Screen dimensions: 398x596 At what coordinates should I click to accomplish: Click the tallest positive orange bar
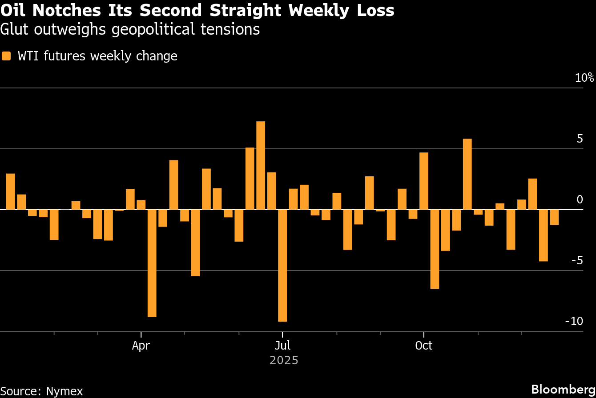[261, 165]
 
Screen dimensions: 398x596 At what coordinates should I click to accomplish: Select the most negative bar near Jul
[282, 265]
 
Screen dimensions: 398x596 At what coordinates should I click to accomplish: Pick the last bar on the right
[554, 217]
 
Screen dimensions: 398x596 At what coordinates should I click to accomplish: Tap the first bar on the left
[11, 191]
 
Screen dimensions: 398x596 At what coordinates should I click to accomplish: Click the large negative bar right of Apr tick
[152, 263]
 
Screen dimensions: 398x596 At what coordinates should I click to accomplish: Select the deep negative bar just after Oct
[435, 249]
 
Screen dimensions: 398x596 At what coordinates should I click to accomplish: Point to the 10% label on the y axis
[584, 78]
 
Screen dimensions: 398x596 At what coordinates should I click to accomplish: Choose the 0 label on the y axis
[580, 200]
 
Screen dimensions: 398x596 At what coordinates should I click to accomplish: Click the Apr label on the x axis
[141, 346]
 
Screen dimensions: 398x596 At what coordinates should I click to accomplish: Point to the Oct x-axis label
[423, 346]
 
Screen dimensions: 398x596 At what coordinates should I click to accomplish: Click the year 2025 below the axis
[284, 360]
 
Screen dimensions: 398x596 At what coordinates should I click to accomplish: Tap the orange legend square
[6, 56]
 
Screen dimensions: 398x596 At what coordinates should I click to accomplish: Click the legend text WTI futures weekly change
[97, 56]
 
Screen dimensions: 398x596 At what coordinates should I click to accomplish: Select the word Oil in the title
[15, 10]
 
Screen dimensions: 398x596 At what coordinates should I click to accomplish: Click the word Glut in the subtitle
[15, 29]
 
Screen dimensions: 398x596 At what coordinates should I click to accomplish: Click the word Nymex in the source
[64, 391]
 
